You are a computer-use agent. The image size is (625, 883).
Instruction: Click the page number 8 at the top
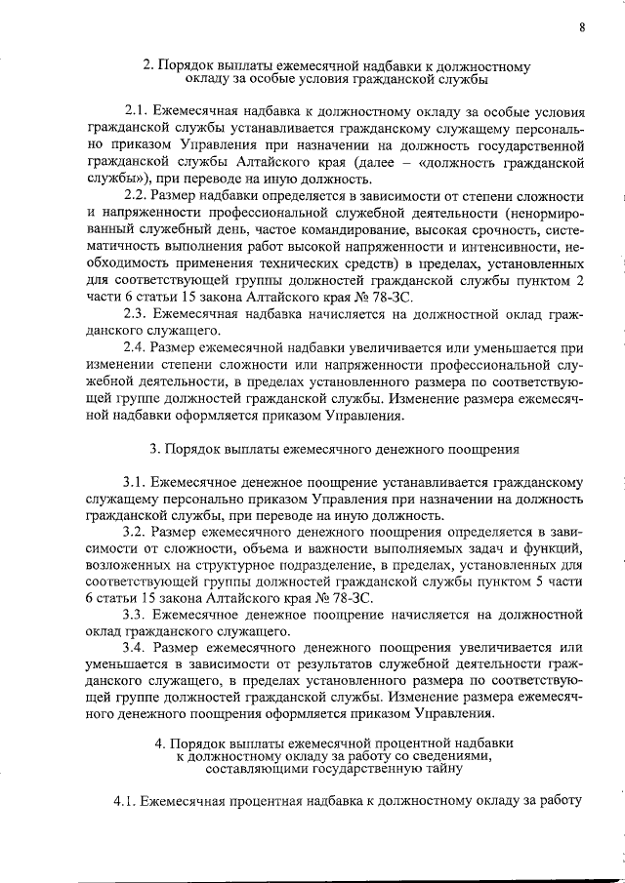(x=582, y=26)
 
